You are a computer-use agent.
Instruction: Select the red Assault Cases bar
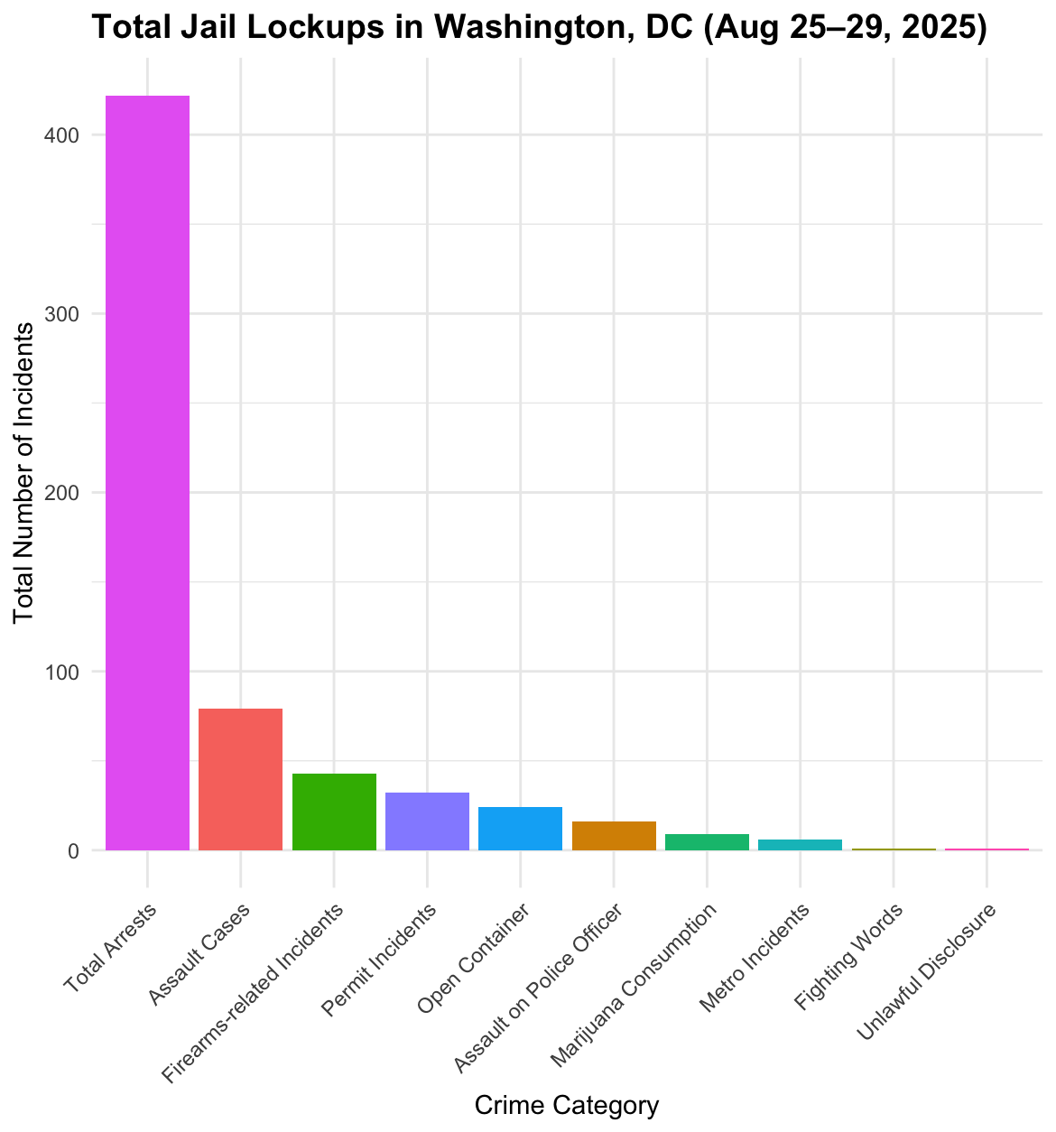click(241, 779)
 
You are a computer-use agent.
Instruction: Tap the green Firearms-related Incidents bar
click(334, 812)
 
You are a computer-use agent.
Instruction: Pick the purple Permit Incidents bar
click(427, 821)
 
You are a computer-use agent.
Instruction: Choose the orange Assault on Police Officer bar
click(614, 836)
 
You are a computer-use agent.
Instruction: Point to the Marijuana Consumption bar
click(707, 842)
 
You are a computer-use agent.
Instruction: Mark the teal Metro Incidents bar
click(801, 845)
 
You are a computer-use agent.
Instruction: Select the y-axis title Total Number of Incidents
click(24, 472)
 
